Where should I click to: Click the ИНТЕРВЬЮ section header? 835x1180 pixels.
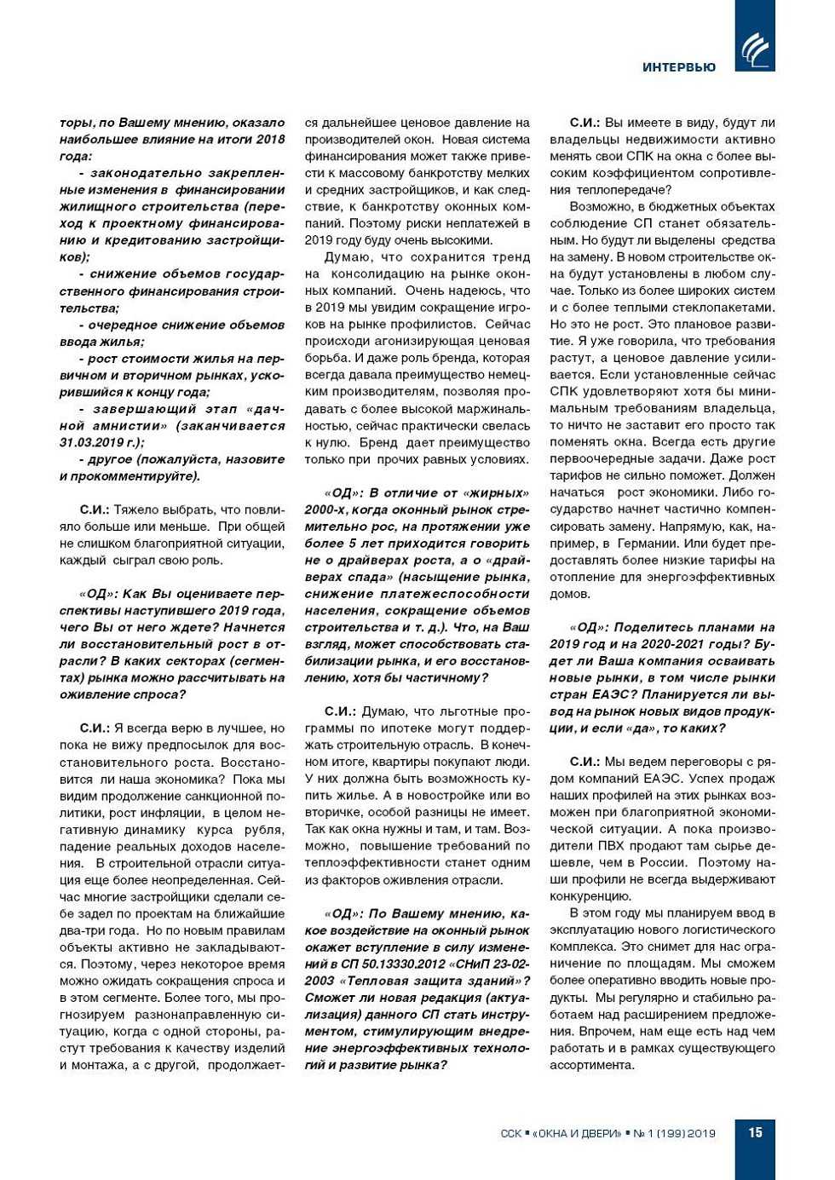coord(678,67)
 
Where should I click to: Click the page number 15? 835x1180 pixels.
coord(755,1132)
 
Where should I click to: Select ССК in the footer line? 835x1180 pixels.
coord(510,1133)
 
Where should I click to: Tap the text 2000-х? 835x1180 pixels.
coord(327,509)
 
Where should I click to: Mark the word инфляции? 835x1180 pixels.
coord(175,813)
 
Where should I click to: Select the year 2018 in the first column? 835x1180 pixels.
coord(270,140)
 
